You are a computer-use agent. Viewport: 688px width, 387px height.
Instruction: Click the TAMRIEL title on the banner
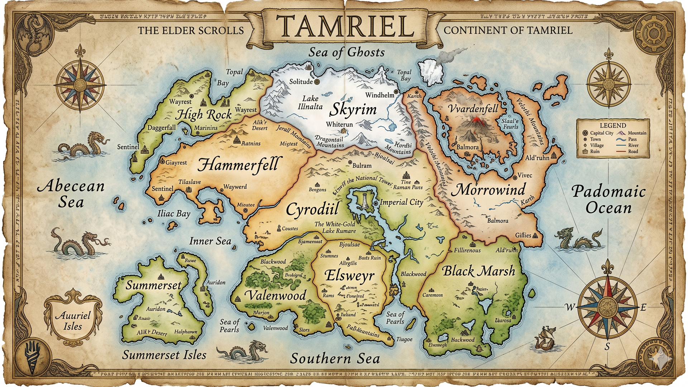pyautogui.click(x=345, y=27)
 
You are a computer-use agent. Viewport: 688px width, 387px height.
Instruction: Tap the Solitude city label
pyautogui.click(x=301, y=82)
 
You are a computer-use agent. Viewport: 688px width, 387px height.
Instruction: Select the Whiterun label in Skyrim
pyautogui.click(x=339, y=124)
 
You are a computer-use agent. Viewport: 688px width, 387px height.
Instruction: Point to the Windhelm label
pyautogui.click(x=379, y=95)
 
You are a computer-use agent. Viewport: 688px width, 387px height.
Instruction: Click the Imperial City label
pyautogui.click(x=401, y=202)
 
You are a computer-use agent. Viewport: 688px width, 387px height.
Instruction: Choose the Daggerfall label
pyautogui.click(x=162, y=127)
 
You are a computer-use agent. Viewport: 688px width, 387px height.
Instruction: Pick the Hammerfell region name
pyautogui.click(x=238, y=164)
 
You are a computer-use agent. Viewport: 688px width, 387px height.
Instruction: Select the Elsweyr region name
pyautogui.click(x=349, y=276)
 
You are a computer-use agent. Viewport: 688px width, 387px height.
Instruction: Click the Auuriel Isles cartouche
pyautogui.click(x=73, y=320)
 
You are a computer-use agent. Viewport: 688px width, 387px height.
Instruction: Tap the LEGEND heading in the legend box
pyautogui.click(x=613, y=125)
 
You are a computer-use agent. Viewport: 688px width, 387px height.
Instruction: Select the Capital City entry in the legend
pyautogui.click(x=601, y=133)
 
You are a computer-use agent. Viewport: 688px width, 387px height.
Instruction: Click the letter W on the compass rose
pyautogui.click(x=569, y=307)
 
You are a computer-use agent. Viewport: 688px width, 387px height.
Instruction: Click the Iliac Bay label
pyautogui.click(x=174, y=214)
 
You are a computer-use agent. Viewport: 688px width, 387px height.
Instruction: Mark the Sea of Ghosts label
pyautogui.click(x=347, y=52)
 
